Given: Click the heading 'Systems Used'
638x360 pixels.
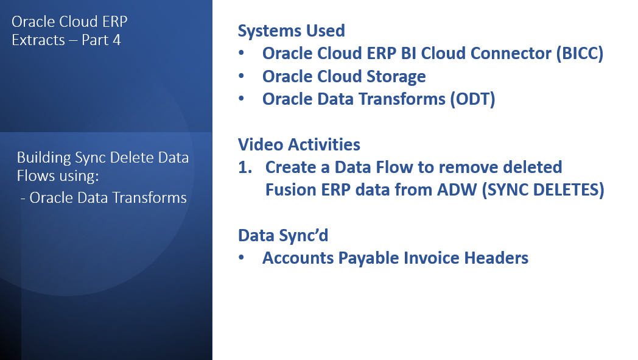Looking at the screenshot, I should point(291,31).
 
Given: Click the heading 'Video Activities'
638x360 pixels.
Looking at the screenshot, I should point(299,144).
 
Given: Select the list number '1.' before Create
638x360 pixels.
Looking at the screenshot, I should point(245,167).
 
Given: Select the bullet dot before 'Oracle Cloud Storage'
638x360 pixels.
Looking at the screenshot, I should point(242,77).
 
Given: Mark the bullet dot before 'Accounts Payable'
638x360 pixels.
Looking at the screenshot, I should point(242,258).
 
